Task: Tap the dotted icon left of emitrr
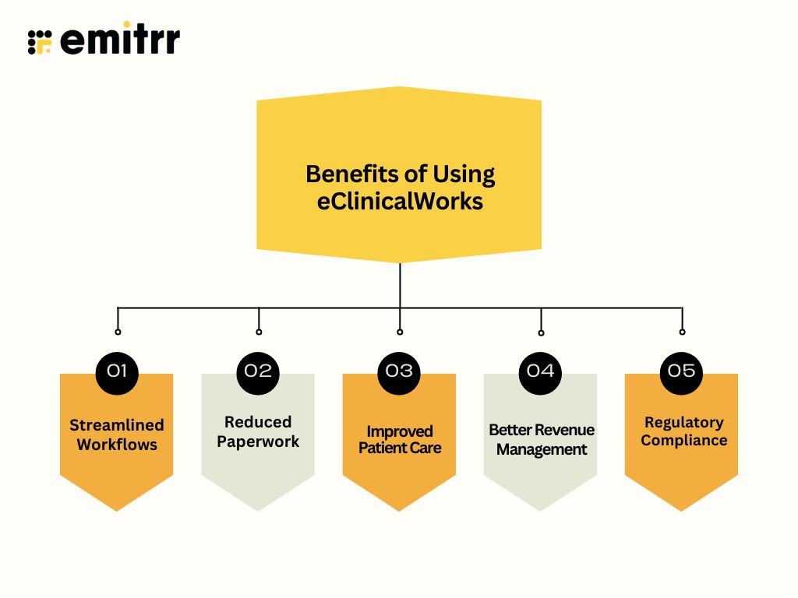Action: [x=39, y=41]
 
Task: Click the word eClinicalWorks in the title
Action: [x=400, y=201]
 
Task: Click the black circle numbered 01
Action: [x=117, y=371]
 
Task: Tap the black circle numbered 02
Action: [x=258, y=371]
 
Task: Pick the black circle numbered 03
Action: [x=399, y=371]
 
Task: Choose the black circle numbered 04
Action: [x=540, y=371]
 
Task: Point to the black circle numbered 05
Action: [x=681, y=371]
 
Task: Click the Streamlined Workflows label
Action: [x=117, y=434]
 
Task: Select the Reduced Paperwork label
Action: [x=258, y=431]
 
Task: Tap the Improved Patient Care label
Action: [x=399, y=439]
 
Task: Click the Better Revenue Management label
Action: [x=541, y=439]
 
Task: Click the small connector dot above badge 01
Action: [x=118, y=332]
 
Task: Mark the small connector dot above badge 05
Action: [x=682, y=332]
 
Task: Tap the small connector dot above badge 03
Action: [x=400, y=332]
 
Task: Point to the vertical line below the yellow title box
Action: [x=400, y=285]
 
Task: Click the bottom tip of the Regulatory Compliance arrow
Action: [x=681, y=508]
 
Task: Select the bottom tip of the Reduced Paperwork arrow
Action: [x=258, y=508]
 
